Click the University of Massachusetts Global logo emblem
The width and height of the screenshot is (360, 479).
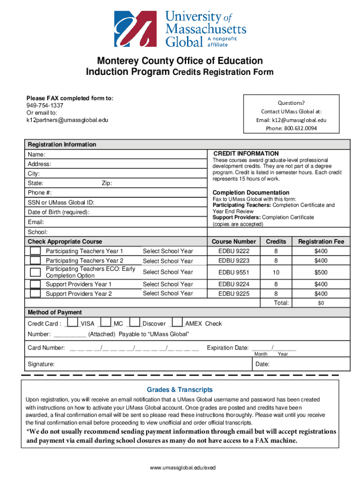pos(136,29)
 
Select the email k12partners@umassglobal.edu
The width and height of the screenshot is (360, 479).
pos(67,120)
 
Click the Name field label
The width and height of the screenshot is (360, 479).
pos(36,154)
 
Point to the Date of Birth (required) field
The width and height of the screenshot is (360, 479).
pos(58,212)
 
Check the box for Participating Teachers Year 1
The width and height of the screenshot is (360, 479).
pos(35,251)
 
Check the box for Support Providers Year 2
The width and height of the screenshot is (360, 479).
pos(35,293)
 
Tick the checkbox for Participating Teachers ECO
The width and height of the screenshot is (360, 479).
pos(35,272)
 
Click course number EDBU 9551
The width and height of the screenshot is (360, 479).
pos(234,272)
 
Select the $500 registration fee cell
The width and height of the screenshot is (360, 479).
pos(321,272)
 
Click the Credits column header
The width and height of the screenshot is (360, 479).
pos(276,241)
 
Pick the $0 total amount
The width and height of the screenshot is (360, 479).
pos(321,303)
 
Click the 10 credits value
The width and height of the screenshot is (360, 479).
pos(276,272)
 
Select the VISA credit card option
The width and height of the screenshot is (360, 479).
pos(72,323)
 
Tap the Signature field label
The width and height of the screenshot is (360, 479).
pos(41,364)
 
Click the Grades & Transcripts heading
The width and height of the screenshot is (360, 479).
pos(180,390)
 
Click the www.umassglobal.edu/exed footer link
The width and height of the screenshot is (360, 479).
pos(180,467)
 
